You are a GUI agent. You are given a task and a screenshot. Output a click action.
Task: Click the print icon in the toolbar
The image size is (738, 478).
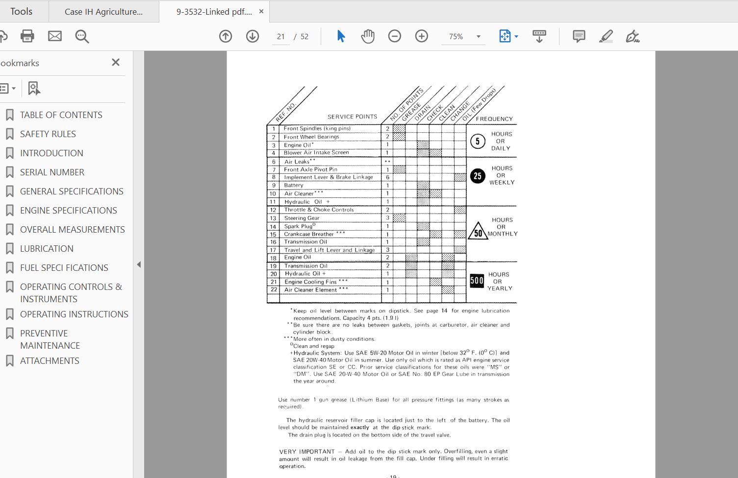point(27,36)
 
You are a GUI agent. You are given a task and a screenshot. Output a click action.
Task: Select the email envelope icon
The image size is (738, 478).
point(55,36)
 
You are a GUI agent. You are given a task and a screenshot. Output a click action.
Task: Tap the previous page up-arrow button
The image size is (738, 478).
point(226,36)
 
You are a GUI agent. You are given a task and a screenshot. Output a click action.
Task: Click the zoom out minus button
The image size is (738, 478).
point(394,36)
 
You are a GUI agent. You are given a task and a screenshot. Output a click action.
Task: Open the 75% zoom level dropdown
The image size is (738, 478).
point(478,37)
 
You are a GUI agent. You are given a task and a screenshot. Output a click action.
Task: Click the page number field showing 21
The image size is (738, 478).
point(280,37)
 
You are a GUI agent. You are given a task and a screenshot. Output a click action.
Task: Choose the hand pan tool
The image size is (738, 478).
point(367,36)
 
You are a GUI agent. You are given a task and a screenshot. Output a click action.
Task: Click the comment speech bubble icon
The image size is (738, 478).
point(579,36)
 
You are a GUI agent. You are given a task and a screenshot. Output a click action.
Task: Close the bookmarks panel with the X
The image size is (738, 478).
point(116,62)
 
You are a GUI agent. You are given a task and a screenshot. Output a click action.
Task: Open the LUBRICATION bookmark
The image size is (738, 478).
point(47,248)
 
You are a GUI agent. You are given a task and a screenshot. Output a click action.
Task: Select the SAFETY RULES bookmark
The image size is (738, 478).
point(48,134)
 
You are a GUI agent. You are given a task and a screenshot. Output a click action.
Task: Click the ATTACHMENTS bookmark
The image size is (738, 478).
point(50,360)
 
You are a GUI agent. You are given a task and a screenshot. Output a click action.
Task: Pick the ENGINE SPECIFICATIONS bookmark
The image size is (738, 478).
point(68,210)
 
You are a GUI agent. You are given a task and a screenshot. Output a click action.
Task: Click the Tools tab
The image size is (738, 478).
point(21,11)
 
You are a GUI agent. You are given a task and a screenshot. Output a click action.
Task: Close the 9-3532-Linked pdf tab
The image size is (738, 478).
point(261,11)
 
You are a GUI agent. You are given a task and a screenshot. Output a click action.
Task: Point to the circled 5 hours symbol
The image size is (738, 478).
point(478,142)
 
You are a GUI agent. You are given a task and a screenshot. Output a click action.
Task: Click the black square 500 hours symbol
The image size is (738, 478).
point(477,281)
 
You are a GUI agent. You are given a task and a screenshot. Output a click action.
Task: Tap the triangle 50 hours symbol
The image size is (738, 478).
point(478,232)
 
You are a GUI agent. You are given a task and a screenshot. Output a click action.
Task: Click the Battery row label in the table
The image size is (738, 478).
point(294,185)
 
